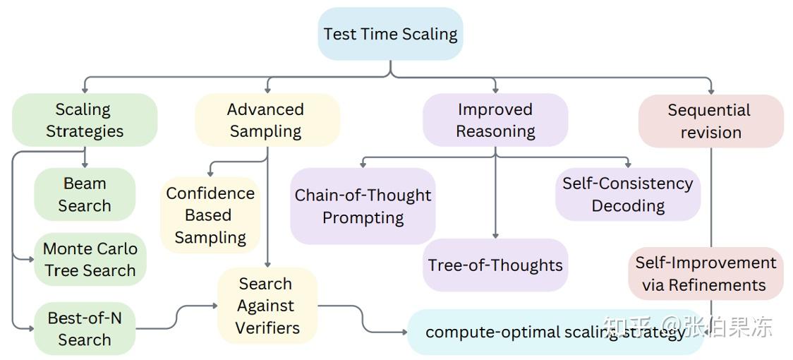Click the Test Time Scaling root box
tap(390, 34)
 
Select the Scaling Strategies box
tap(84, 120)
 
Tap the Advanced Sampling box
tap(266, 120)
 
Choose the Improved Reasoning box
tap(495, 120)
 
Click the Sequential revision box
tap(710, 121)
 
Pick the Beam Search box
tap(85, 194)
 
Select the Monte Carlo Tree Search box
tap(90, 259)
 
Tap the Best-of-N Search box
tap(85, 328)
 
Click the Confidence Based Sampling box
tap(210, 215)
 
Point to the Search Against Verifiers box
tap(267, 306)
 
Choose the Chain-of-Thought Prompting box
tap(363, 206)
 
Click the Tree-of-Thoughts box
tap(495, 265)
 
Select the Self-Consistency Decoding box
tap(627, 194)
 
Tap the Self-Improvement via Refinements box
tap(706, 273)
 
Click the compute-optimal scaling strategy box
tap(555, 332)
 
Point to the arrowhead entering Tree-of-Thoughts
tap(495, 235)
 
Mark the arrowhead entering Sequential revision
tap(710, 90)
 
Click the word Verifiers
tap(267, 328)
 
